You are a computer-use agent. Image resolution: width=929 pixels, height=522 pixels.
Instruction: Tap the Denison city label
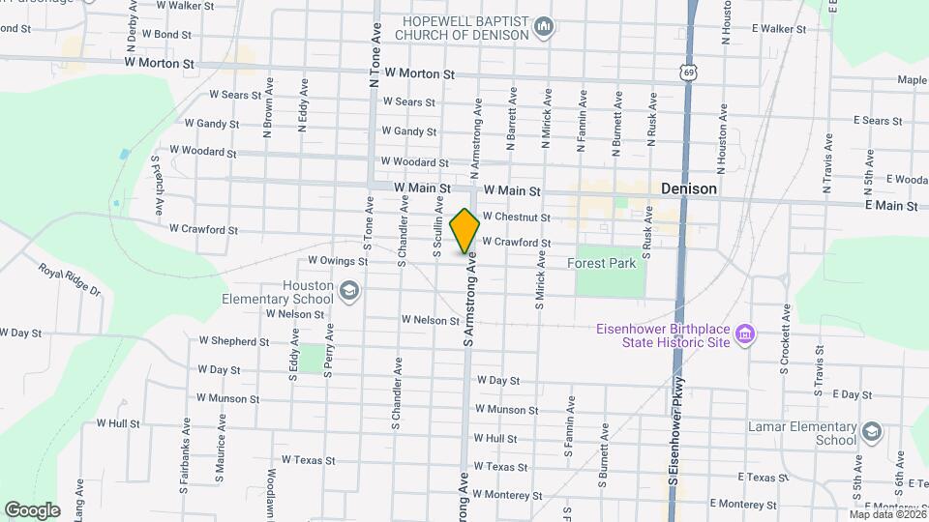688,189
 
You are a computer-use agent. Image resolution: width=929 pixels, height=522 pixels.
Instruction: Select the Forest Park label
602,262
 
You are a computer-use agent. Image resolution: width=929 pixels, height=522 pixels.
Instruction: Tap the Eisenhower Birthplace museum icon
744,335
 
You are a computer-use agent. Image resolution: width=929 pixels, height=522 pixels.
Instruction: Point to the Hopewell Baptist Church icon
543,28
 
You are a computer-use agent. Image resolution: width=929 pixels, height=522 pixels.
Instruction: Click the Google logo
32,509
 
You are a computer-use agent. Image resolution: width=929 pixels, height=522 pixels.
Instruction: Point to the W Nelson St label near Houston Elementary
294,313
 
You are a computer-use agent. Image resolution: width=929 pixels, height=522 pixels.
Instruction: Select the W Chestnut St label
516,217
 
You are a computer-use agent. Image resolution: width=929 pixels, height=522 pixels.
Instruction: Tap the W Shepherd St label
233,341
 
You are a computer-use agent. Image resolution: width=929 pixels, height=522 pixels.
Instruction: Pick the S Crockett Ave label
786,339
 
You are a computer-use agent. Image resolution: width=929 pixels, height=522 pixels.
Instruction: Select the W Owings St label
337,260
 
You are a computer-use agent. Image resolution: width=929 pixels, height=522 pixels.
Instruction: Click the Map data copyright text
884,514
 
